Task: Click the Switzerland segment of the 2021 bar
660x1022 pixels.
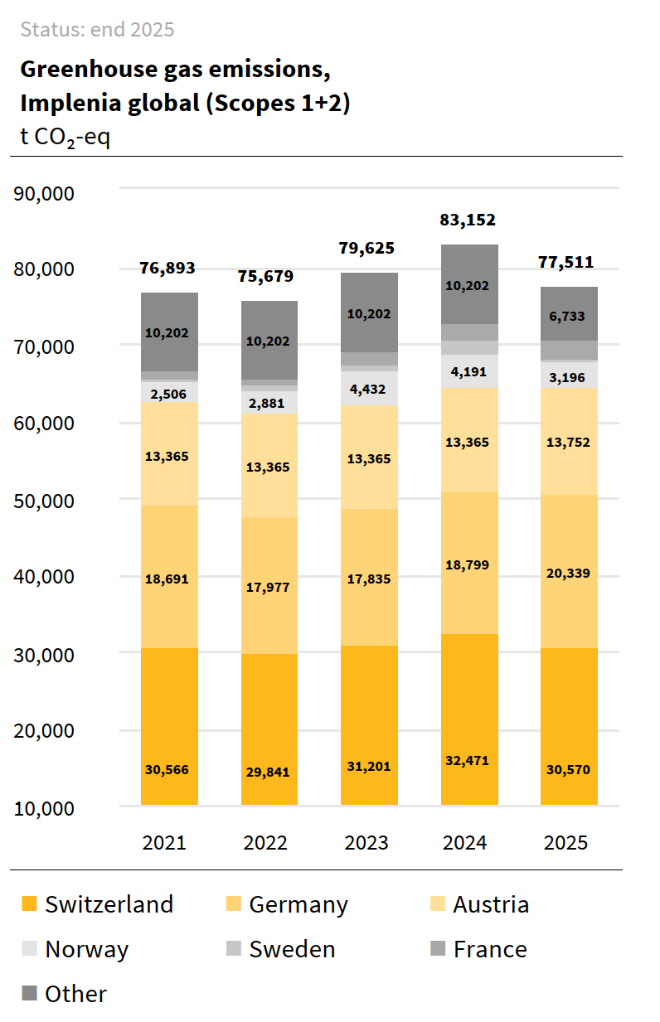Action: coord(169,725)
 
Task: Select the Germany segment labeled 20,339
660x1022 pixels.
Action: coord(569,572)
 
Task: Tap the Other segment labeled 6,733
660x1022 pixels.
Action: coord(569,315)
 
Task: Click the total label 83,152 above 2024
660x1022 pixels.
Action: coord(468,220)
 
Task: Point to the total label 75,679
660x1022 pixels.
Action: coord(266,276)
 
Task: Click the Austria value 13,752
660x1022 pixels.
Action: coord(569,442)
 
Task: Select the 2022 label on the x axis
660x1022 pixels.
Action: coord(265,843)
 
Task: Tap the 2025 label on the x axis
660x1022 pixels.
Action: coord(566,843)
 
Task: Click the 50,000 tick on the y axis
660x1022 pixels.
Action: coord(56,500)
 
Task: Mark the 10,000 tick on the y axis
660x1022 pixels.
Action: coord(56,807)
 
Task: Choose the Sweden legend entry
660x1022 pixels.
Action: coord(292,949)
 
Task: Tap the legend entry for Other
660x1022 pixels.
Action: coord(75,994)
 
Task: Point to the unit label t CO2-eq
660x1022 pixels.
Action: coord(65,137)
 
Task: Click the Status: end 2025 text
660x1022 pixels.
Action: coord(97,30)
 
